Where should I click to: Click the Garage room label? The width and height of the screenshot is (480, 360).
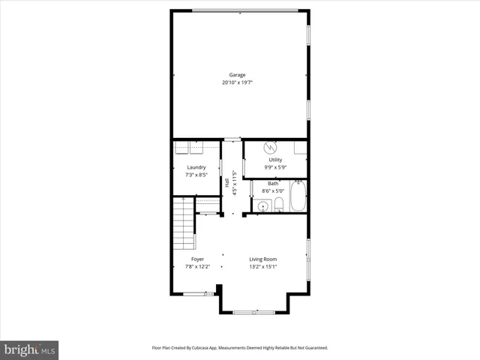pyautogui.click(x=238, y=75)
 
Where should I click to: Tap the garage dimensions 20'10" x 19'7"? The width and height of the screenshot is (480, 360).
pyautogui.click(x=238, y=82)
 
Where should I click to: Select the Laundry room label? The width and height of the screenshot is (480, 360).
pyautogui.click(x=196, y=167)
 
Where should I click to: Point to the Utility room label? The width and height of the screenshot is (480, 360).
pyautogui.click(x=275, y=160)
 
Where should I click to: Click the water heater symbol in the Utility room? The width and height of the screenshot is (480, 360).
pyautogui.click(x=274, y=147)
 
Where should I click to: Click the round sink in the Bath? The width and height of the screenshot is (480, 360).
pyautogui.click(x=263, y=206)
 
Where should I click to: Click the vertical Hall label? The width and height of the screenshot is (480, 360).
pyautogui.click(x=235, y=182)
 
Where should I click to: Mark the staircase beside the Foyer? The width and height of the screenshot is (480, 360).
pyautogui.click(x=183, y=225)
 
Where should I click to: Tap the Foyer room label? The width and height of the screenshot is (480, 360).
pyautogui.click(x=196, y=259)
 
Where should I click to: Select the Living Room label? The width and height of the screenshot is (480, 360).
pyautogui.click(x=263, y=259)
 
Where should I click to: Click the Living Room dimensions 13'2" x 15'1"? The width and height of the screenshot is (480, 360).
pyautogui.click(x=263, y=267)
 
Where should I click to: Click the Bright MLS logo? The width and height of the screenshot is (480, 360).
pyautogui.click(x=29, y=349)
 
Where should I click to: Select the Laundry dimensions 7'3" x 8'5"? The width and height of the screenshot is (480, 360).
pyautogui.click(x=196, y=175)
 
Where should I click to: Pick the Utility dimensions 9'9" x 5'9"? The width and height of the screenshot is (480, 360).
pyautogui.click(x=275, y=167)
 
